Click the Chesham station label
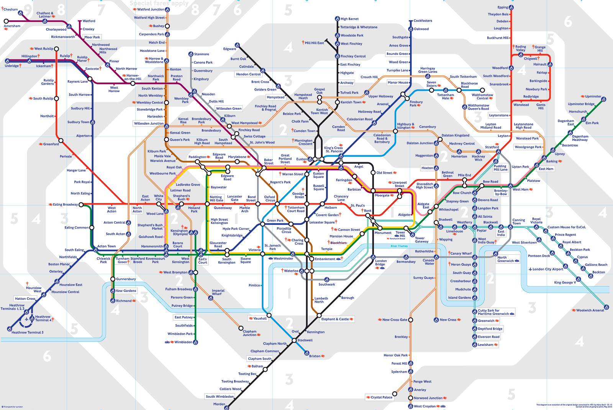[11, 9]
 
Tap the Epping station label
[503, 7]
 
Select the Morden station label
[219, 404]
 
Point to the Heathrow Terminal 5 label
[27, 333]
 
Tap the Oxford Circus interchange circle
[277, 204]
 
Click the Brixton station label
[315, 356]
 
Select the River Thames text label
[399, 246]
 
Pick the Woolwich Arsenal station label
[590, 310]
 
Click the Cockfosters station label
[423, 21]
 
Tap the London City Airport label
[547, 269]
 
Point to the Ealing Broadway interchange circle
[81, 204]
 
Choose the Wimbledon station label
[183, 342]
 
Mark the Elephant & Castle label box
[335, 319]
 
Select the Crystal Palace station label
[381, 397]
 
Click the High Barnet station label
[349, 19]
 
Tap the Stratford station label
[492, 147]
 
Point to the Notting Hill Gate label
[216, 198]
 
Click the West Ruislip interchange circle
[56, 49]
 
